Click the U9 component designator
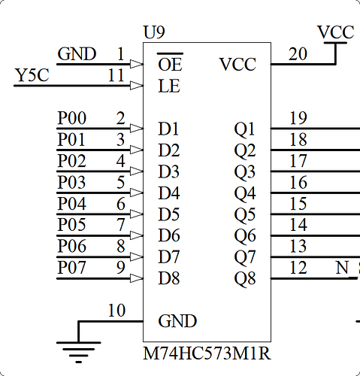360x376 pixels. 154,34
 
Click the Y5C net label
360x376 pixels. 33,76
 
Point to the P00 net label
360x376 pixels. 72,118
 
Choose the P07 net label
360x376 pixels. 72,268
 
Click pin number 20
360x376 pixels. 298,54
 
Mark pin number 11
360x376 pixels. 116,76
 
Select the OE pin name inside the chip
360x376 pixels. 170,65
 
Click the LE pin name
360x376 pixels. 169,86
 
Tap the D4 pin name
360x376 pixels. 169,193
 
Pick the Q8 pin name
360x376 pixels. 245,278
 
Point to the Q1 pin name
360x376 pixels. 245,129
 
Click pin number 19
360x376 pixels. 298,118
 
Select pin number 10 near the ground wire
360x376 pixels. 116,311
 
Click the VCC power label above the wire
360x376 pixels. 335,32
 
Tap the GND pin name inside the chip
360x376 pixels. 177,321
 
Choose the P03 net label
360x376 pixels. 72,182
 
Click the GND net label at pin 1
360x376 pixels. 77,54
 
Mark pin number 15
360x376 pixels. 298,203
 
